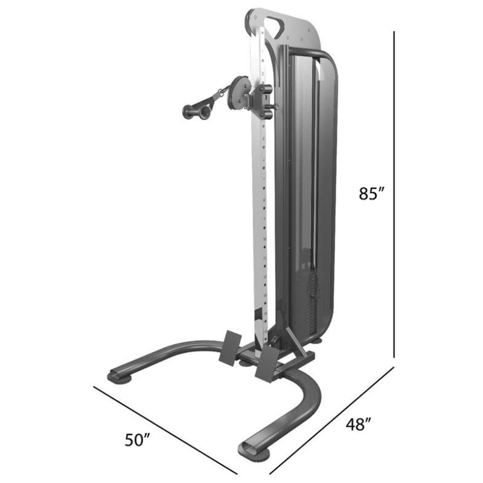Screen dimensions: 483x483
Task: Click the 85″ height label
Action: click(x=371, y=194)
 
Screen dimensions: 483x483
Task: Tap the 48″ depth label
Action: click(x=359, y=424)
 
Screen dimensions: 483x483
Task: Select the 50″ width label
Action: click(x=138, y=440)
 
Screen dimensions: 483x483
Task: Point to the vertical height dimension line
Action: click(x=394, y=194)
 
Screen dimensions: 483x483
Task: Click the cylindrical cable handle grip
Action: click(x=197, y=112)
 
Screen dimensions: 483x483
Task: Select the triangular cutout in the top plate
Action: click(x=275, y=27)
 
